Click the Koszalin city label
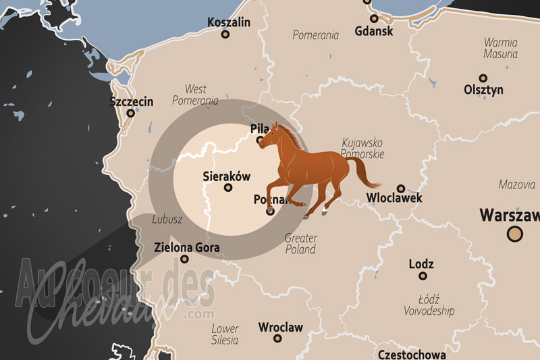point(229,22)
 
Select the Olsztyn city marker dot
point(483,78)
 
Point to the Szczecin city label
point(131,102)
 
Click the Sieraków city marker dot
point(227,188)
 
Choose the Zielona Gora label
point(187,247)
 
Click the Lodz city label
point(421,263)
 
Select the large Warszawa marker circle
point(514,234)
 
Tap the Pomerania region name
point(315,35)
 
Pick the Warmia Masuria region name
point(500,48)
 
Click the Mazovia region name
point(516,184)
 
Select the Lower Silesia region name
point(225,334)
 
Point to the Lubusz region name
point(167,219)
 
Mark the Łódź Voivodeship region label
point(429,305)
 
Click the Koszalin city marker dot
point(225,34)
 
